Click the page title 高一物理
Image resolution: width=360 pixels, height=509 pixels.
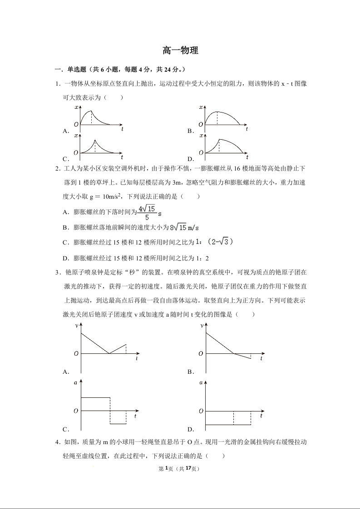(x=180, y=51)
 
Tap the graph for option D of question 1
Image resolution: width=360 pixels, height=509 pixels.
(x=224, y=147)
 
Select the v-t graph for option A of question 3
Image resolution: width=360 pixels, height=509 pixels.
(x=107, y=347)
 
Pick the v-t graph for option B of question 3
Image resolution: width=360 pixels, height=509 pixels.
(x=232, y=347)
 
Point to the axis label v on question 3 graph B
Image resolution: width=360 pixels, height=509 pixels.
(x=201, y=326)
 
